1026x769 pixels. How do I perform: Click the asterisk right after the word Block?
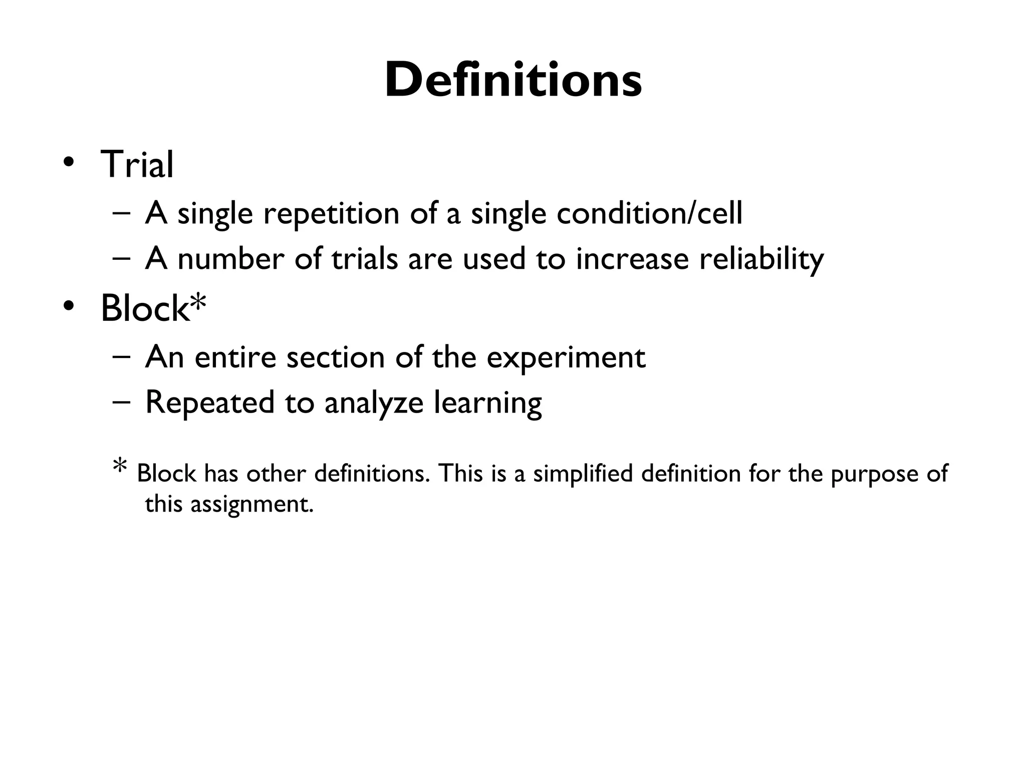[x=198, y=303]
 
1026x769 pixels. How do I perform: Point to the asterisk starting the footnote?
[x=120, y=466]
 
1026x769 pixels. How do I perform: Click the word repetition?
[x=331, y=213]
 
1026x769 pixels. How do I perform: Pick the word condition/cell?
[x=649, y=213]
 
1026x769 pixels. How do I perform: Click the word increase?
[x=632, y=259]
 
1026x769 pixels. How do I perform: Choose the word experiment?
[x=566, y=357]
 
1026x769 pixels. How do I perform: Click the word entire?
[x=235, y=357]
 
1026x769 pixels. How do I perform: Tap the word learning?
[x=487, y=403]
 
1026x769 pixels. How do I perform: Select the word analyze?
[x=374, y=403]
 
